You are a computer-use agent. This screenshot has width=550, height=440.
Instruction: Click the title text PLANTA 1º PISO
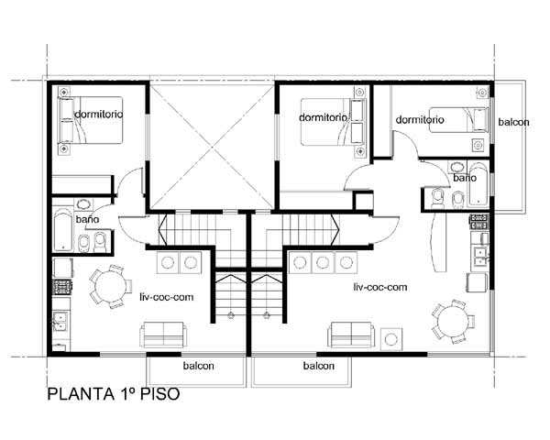click(x=114, y=393)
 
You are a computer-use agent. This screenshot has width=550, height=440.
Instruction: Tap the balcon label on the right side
click(x=513, y=122)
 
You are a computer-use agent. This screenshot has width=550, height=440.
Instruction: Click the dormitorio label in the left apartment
click(x=99, y=114)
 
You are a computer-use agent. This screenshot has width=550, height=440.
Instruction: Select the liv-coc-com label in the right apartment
click(x=380, y=287)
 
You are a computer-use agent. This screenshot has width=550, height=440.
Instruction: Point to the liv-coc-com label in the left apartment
click(x=166, y=297)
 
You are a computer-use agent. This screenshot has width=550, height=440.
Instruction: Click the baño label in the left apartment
click(x=87, y=219)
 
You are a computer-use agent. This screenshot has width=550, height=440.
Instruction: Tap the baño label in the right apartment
click(x=465, y=178)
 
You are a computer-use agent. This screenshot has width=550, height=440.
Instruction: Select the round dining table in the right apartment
click(x=453, y=321)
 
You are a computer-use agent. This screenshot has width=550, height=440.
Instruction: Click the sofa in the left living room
click(x=163, y=335)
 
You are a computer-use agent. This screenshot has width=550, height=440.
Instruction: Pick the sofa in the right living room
click(x=351, y=335)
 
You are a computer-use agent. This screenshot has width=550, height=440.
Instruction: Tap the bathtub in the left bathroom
click(x=63, y=230)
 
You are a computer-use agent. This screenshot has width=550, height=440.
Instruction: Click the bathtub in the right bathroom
click(x=478, y=184)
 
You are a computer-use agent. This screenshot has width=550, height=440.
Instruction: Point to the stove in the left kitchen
click(x=62, y=287)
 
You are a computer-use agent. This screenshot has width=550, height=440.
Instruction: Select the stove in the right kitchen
click(x=479, y=222)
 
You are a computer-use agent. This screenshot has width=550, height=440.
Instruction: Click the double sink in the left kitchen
click(x=60, y=322)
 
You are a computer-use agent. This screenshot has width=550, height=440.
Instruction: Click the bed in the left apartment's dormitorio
click(x=91, y=120)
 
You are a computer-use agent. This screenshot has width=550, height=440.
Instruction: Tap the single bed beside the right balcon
click(x=459, y=120)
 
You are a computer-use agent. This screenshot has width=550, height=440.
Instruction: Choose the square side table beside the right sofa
click(x=391, y=339)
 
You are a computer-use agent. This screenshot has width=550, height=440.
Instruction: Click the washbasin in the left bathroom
click(x=83, y=204)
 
